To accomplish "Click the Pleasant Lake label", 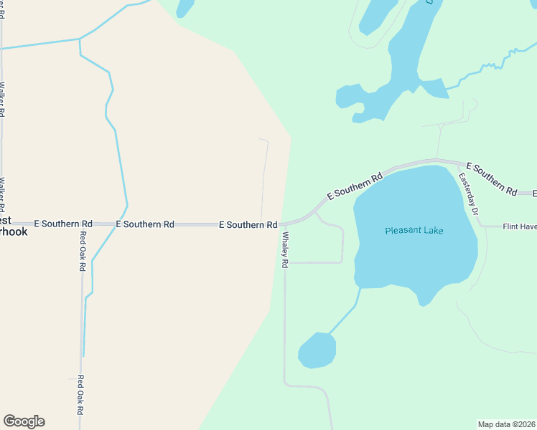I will click(414, 231).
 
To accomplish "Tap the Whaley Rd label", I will click(285, 250).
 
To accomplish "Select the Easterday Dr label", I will click(469, 194).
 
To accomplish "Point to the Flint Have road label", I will click(519, 226).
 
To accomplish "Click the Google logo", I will click(24, 421).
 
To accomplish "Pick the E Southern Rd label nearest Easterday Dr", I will click(492, 178).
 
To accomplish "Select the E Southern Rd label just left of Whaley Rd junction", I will click(248, 225).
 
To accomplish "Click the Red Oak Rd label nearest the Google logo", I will click(81, 396).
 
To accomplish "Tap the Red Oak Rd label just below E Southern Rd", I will click(83, 251).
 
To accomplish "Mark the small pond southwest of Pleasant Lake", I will click(317, 350).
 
